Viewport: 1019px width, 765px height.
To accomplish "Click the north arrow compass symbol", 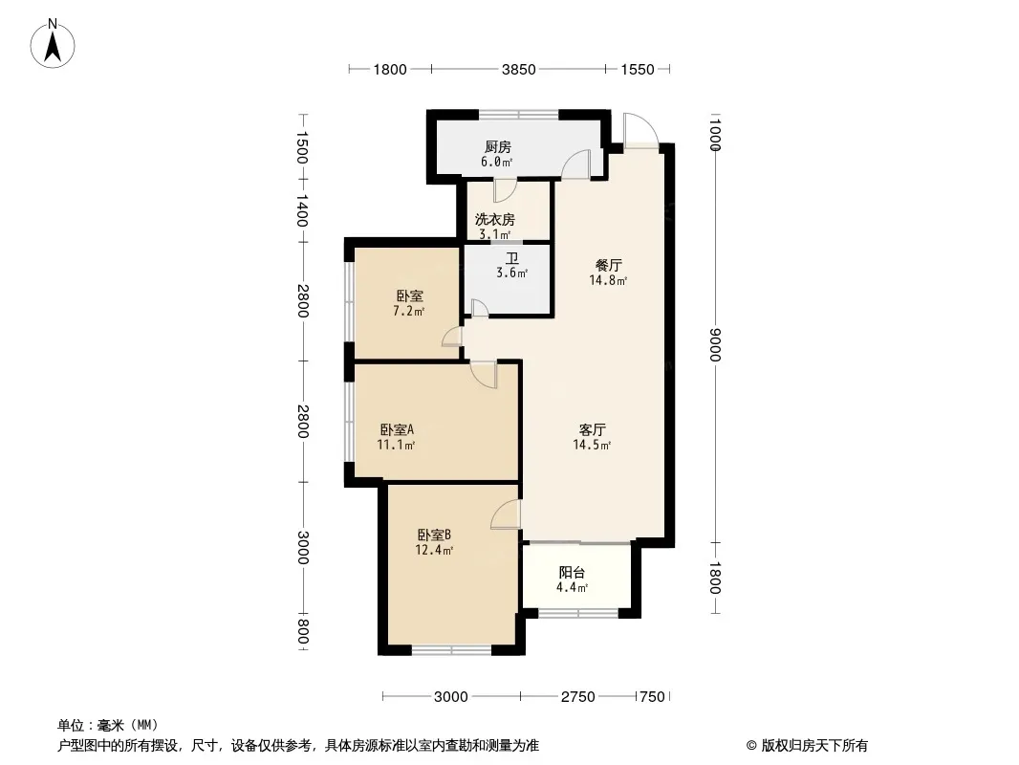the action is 53,43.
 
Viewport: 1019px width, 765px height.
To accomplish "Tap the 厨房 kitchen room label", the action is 498,146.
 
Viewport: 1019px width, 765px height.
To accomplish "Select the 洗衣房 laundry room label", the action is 494,220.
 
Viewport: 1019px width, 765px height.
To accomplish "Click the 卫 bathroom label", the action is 512,258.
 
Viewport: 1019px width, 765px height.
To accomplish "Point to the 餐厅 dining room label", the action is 608,265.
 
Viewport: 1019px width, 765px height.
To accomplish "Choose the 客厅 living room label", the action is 592,429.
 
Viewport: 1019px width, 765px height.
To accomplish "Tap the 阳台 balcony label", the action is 572,573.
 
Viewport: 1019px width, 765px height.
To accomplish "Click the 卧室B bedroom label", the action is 434,535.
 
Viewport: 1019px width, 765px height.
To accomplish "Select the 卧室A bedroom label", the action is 397,429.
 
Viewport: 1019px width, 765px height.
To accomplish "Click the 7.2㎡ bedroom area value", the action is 409,312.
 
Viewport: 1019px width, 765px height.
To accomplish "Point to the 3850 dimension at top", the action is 518,69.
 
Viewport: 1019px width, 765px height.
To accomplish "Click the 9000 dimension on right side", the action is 715,344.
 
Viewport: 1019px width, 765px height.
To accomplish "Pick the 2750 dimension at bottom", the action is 577,697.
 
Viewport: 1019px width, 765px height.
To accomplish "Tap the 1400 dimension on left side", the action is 302,210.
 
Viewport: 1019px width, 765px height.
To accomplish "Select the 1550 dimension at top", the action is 637,69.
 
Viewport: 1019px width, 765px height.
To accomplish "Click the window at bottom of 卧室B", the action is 451,649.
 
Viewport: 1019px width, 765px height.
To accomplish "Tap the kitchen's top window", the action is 519,115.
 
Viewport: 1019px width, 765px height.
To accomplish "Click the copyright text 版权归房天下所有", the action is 813,746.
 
